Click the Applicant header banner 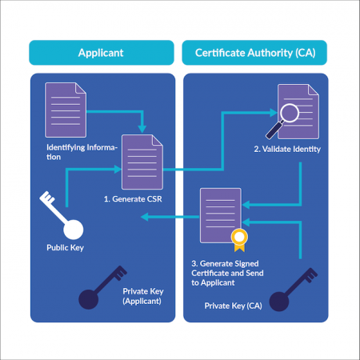102,53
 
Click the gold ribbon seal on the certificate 238,238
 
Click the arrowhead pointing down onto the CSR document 142,128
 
